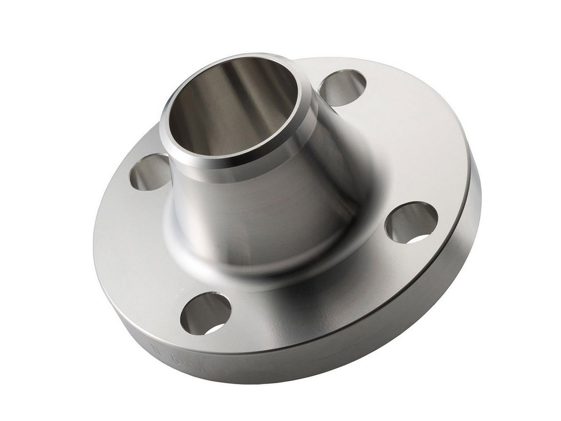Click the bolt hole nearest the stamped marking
pos(205,313)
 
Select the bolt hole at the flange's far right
pos(411,222)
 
